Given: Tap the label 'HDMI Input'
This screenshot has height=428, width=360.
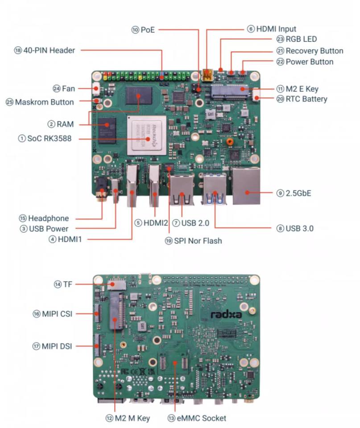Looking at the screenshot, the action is (x=276, y=29).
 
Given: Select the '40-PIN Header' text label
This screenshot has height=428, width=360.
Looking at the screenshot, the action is (x=49, y=50).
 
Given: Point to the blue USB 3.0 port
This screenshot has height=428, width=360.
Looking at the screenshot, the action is (x=215, y=189).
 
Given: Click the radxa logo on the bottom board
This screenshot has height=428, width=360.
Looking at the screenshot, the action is (x=227, y=314).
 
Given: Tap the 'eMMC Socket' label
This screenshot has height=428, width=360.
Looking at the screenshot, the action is (x=201, y=418).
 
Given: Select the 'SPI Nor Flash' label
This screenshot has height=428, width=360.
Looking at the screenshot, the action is (x=198, y=241).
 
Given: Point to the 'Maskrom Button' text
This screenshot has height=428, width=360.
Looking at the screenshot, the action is (x=45, y=102).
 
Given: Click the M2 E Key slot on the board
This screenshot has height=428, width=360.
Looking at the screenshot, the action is (x=230, y=92).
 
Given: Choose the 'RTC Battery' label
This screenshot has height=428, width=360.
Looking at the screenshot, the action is (x=306, y=99).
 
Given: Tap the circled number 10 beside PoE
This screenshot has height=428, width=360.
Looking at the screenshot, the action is (x=135, y=30).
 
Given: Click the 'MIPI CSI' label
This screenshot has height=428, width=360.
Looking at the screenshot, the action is (x=57, y=314).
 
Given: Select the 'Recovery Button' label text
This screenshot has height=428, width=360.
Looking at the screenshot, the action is (x=314, y=51).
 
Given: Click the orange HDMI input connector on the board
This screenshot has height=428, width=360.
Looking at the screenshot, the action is (x=207, y=76).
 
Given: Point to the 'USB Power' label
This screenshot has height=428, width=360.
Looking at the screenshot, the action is (x=49, y=229).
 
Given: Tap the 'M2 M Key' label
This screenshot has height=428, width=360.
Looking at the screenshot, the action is (x=132, y=418).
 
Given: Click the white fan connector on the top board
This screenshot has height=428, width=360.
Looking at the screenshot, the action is (x=96, y=88).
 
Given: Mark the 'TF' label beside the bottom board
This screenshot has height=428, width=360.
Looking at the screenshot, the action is (x=68, y=284).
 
